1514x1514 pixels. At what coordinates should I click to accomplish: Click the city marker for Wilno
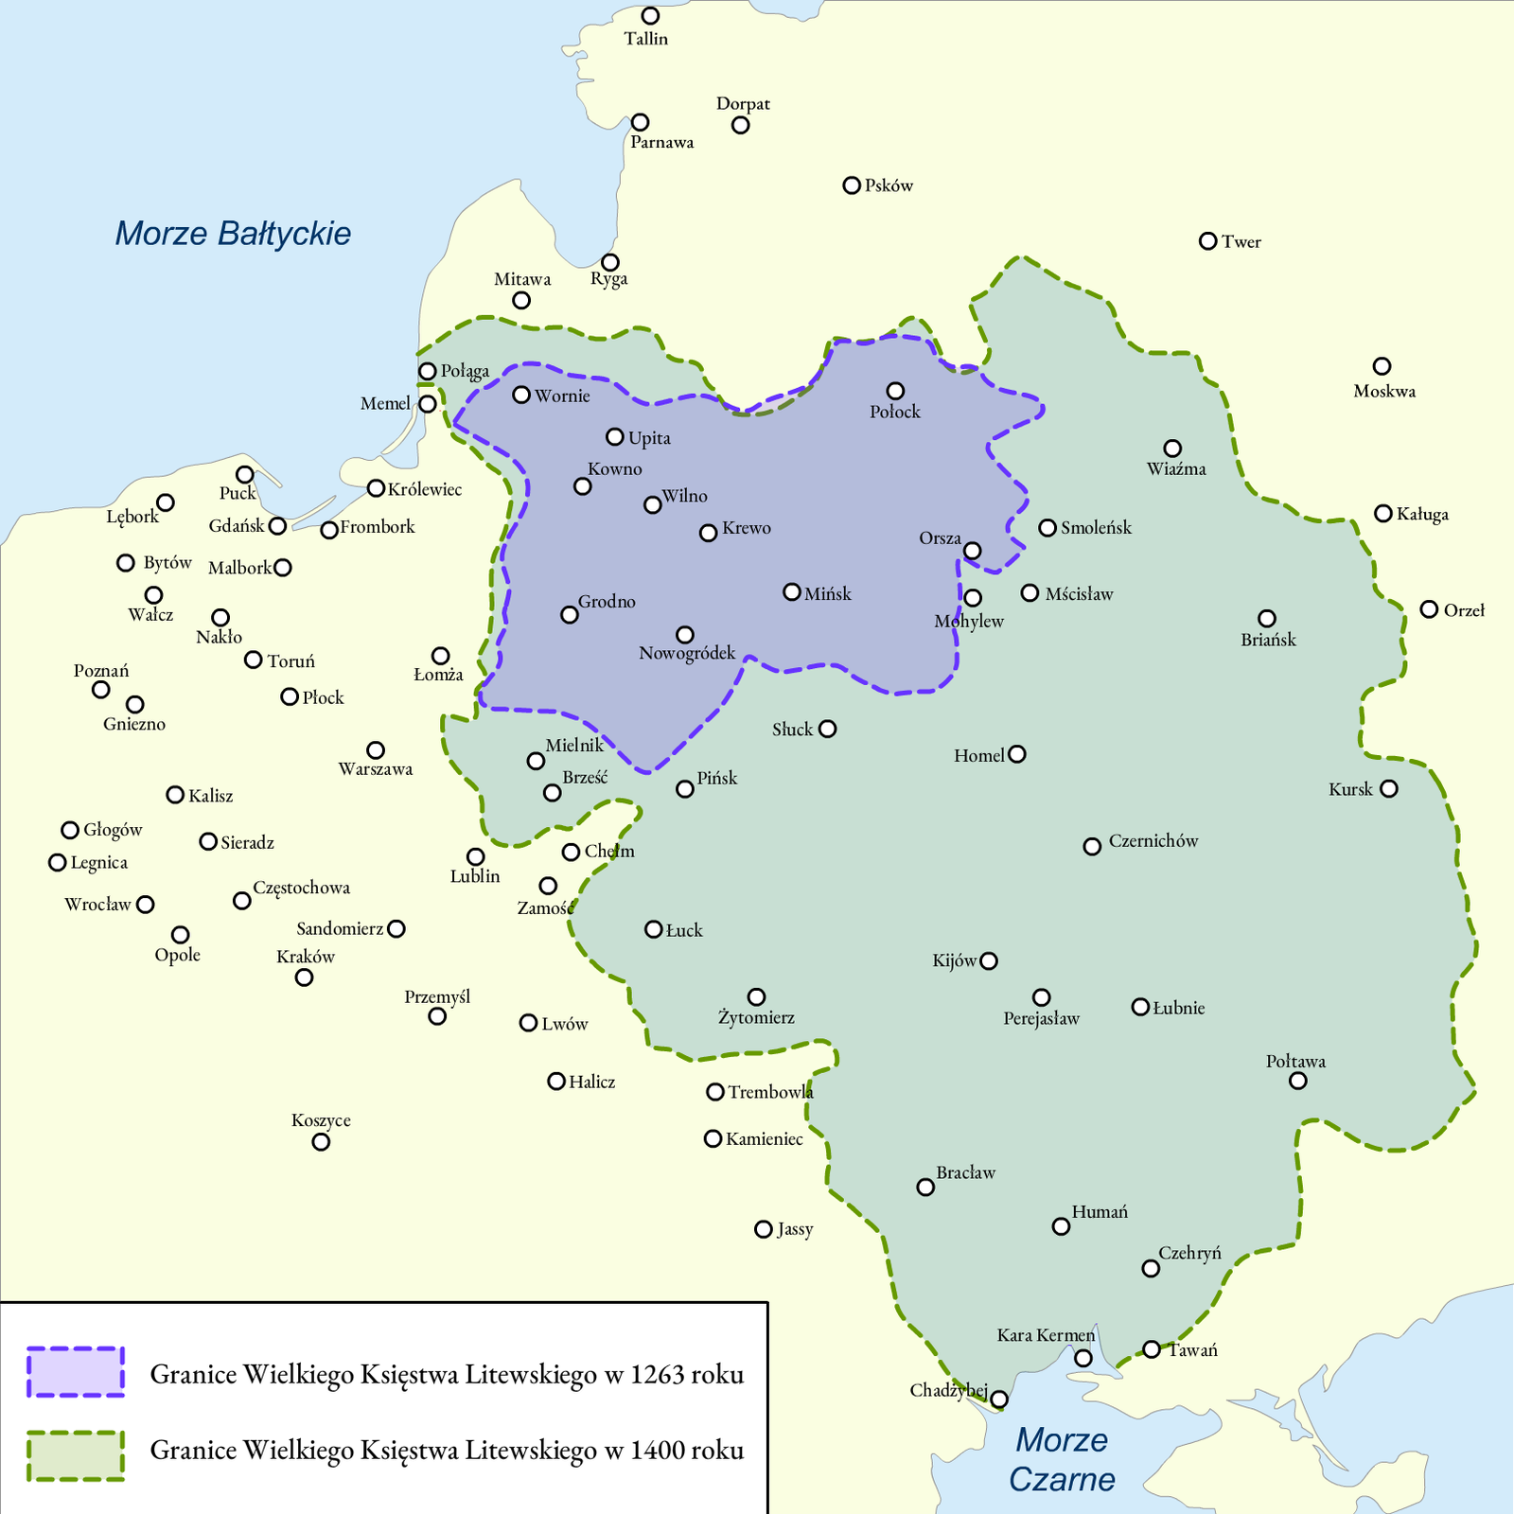point(652,504)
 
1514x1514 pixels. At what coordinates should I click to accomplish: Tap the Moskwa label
point(1383,391)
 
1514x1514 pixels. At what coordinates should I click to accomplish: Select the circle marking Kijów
point(989,960)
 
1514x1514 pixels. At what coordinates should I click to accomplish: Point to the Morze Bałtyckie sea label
point(233,234)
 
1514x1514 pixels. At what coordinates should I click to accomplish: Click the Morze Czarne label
point(1061,1459)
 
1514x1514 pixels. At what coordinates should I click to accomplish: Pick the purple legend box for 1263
point(76,1372)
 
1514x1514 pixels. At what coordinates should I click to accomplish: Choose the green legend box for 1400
point(76,1455)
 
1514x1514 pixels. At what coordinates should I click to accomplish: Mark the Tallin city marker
point(650,16)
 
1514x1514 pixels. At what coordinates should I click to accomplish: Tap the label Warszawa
point(376,769)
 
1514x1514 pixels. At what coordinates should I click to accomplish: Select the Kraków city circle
point(304,977)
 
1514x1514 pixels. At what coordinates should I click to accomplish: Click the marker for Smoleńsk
point(1047,528)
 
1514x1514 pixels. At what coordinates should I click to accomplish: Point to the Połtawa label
point(1295,1061)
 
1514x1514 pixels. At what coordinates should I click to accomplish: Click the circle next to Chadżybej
point(999,1400)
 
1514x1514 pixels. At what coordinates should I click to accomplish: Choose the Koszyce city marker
point(321,1142)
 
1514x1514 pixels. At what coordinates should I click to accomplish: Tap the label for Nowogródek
point(687,654)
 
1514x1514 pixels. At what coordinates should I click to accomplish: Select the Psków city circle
point(852,185)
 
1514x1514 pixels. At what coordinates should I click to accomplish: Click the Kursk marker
point(1388,788)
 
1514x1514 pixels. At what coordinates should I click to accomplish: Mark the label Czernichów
point(1153,841)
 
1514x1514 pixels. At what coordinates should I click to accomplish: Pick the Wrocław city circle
point(145,905)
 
